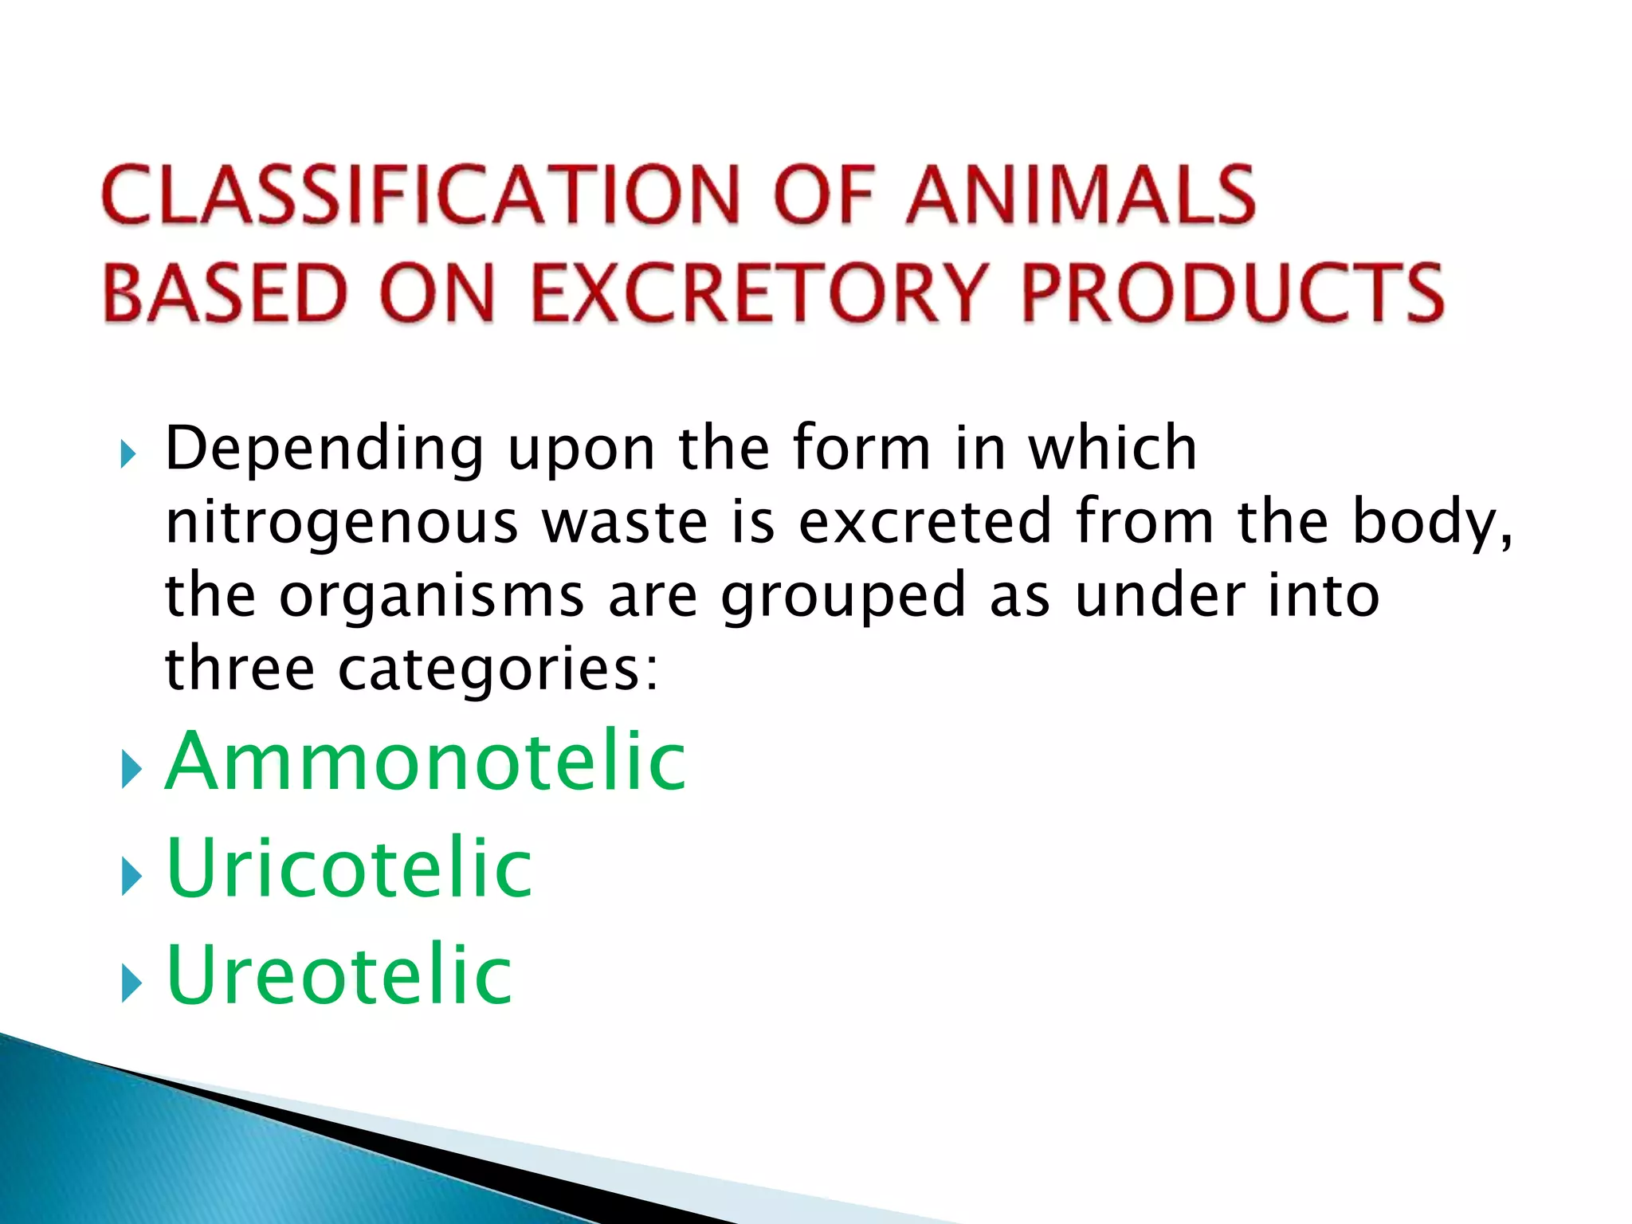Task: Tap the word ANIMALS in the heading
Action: (1081, 195)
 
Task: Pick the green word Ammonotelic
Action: (426, 762)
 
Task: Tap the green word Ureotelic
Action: (339, 975)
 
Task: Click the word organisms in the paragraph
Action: (432, 598)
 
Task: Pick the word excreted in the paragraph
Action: (924, 522)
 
